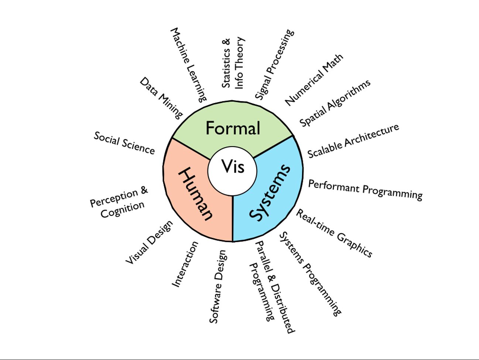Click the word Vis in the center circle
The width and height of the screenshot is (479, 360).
pos(233,166)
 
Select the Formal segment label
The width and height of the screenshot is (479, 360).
pos(233,128)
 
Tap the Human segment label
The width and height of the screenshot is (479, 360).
pos(195,194)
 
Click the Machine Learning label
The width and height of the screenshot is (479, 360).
pos(188,64)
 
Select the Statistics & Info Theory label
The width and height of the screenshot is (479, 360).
pos(233,63)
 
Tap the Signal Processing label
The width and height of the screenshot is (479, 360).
pos(275,64)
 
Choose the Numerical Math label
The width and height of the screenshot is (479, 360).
pos(314,79)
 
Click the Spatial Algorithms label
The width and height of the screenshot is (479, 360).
pos(335,103)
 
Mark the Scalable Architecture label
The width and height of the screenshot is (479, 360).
pos(353,141)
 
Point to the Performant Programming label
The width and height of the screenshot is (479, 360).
pos(365,190)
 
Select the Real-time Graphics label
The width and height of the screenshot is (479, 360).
pos(334,233)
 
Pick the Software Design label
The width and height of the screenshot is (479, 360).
pos(218,286)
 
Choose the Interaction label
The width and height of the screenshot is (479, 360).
pos(185,264)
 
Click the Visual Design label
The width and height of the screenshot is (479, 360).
pos(149,242)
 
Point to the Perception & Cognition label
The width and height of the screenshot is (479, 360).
pos(119,202)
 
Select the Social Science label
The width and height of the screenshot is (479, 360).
pos(124,143)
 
